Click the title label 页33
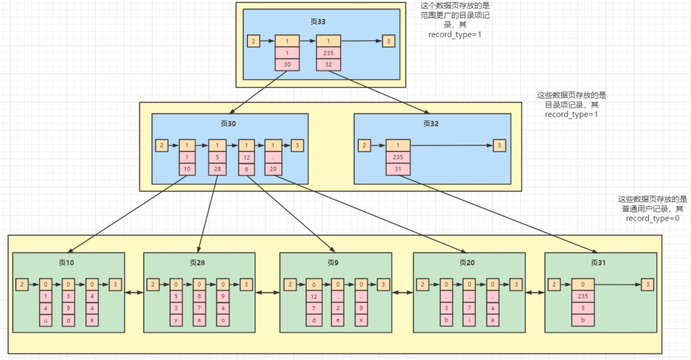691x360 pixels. click(x=318, y=22)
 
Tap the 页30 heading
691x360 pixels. click(x=228, y=124)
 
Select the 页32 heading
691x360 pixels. click(x=431, y=124)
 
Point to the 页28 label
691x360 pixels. click(x=198, y=263)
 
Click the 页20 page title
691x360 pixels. click(x=466, y=263)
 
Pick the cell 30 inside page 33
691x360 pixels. click(x=287, y=65)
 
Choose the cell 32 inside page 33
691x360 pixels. click(x=328, y=65)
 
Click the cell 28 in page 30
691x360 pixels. click(x=218, y=169)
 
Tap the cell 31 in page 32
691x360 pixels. click(x=398, y=169)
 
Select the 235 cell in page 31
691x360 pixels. click(x=583, y=296)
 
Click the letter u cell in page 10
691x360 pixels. click(x=45, y=320)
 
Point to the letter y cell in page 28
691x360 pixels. click(x=176, y=320)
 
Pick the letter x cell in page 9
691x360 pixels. click(x=361, y=320)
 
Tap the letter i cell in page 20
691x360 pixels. click(x=470, y=320)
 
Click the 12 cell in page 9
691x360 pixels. click(x=314, y=297)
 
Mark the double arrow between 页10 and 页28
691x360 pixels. click(x=134, y=292)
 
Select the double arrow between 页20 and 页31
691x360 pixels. click(x=535, y=292)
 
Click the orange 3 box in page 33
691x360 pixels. click(x=388, y=42)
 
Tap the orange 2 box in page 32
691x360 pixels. click(x=364, y=145)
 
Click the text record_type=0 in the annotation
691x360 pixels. click(x=653, y=219)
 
